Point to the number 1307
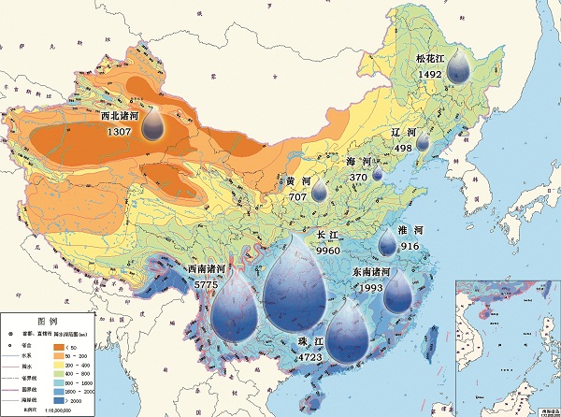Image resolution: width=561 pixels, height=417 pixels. click(120, 133)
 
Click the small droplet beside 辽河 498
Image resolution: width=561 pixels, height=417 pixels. click(423, 142)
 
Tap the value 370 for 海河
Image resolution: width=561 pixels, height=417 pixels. click(358, 176)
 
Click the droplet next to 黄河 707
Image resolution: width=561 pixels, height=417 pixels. click(320, 191)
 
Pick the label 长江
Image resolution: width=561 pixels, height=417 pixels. click(328, 236)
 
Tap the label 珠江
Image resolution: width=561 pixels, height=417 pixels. click(309, 341)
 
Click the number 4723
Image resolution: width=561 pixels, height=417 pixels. click(309, 356)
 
